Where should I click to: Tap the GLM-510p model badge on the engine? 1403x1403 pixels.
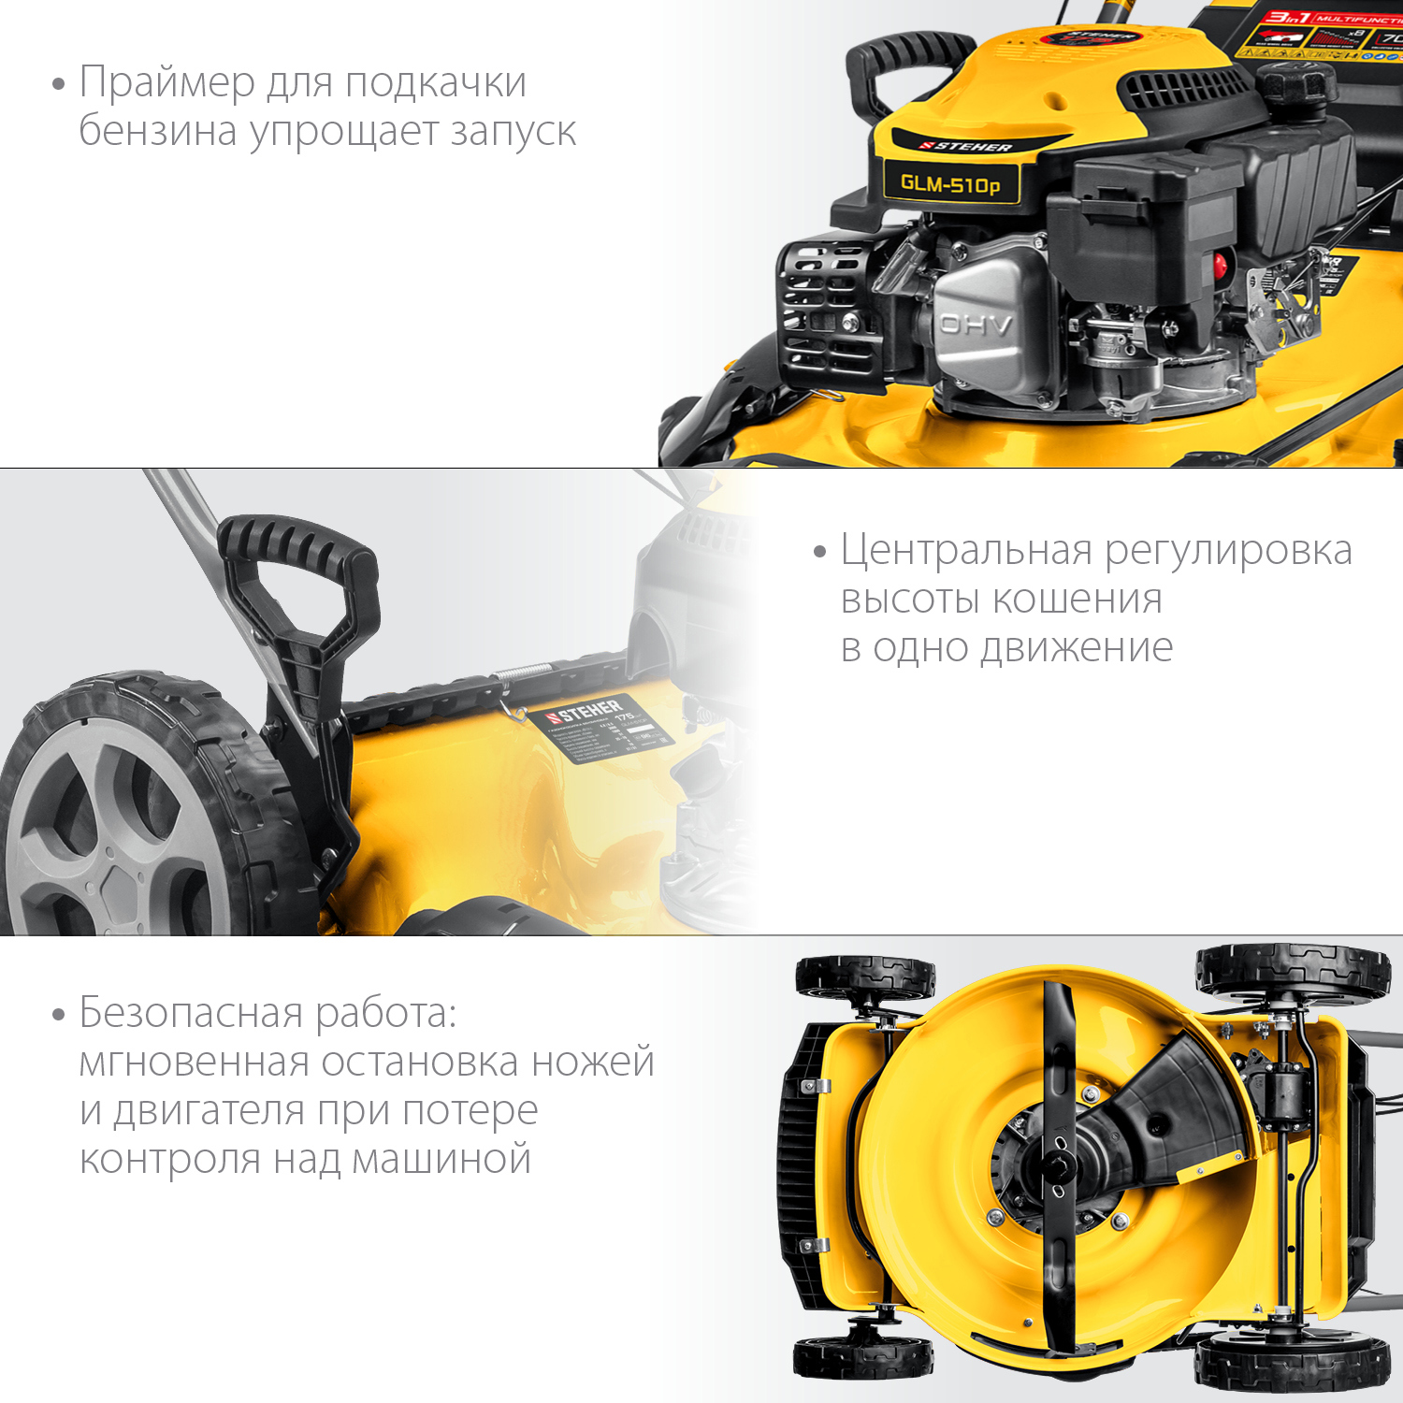pyautogui.click(x=950, y=183)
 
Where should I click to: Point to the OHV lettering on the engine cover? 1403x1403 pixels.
pyautogui.click(x=976, y=325)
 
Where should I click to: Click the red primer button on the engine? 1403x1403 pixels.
pyautogui.click(x=1220, y=265)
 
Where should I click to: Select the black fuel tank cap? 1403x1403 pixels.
pyautogui.click(x=1295, y=83)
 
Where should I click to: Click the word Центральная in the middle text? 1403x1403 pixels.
pyautogui.click(x=967, y=550)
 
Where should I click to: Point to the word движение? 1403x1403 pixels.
pyautogui.click(x=1076, y=647)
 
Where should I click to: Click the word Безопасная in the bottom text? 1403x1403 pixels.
pyautogui.click(x=191, y=1013)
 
